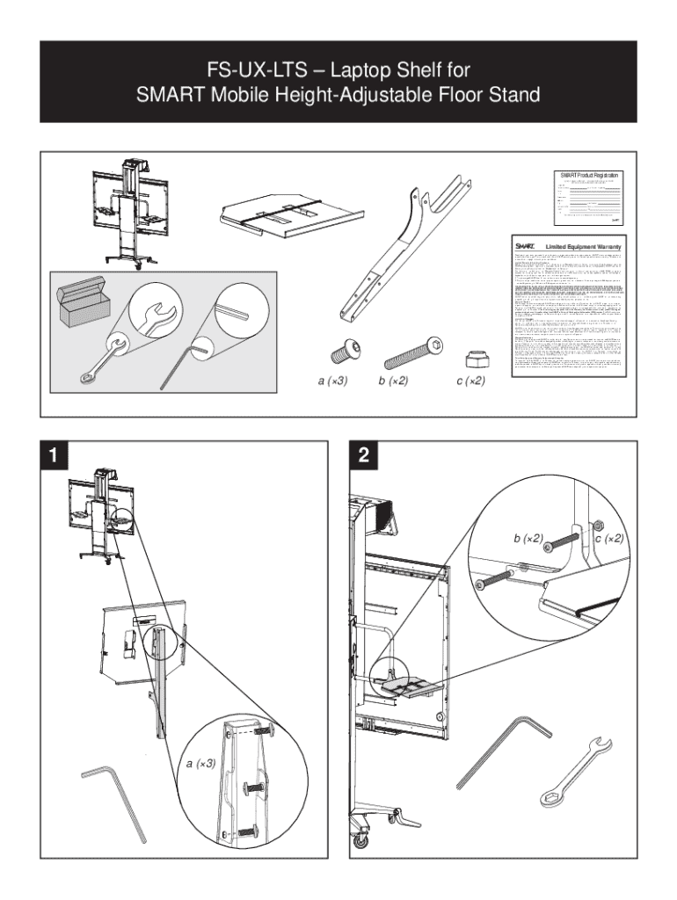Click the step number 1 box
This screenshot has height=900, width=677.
[55, 455]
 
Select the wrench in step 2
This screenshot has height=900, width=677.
[582, 773]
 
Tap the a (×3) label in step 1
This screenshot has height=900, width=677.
[201, 764]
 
